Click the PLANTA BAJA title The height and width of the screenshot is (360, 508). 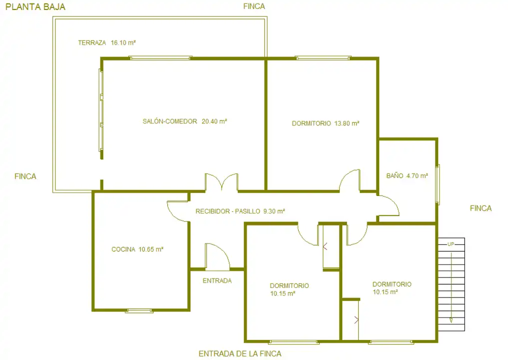35,7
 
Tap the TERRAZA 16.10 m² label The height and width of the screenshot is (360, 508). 107,42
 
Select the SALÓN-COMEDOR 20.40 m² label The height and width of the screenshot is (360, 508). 185,121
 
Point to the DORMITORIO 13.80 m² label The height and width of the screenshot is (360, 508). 326,123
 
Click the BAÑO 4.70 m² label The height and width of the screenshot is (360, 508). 407,176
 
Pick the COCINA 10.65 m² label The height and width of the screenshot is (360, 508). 137,249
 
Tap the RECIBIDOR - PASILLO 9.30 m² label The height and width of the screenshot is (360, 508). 240,211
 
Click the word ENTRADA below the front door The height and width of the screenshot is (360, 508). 217,281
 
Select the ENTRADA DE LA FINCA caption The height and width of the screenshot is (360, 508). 240,354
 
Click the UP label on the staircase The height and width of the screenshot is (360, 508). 451,244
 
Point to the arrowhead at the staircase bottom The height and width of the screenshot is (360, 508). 451,320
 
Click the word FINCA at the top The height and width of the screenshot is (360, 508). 254,6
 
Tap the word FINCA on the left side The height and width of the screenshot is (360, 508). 25,176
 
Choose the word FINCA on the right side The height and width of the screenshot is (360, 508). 481,208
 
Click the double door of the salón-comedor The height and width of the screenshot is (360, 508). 222,182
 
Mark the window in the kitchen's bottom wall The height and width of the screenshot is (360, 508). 139,310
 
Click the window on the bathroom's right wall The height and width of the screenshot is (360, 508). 438,184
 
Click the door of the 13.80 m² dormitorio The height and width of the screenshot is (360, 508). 350,180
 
